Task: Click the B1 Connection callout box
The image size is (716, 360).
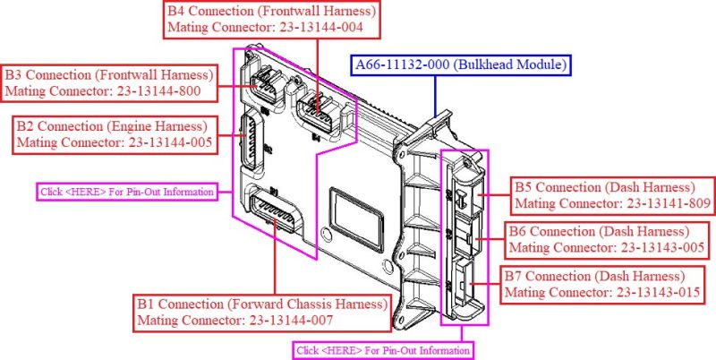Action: click(262, 311)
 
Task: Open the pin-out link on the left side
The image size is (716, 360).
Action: click(128, 191)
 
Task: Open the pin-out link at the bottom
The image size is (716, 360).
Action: click(383, 350)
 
